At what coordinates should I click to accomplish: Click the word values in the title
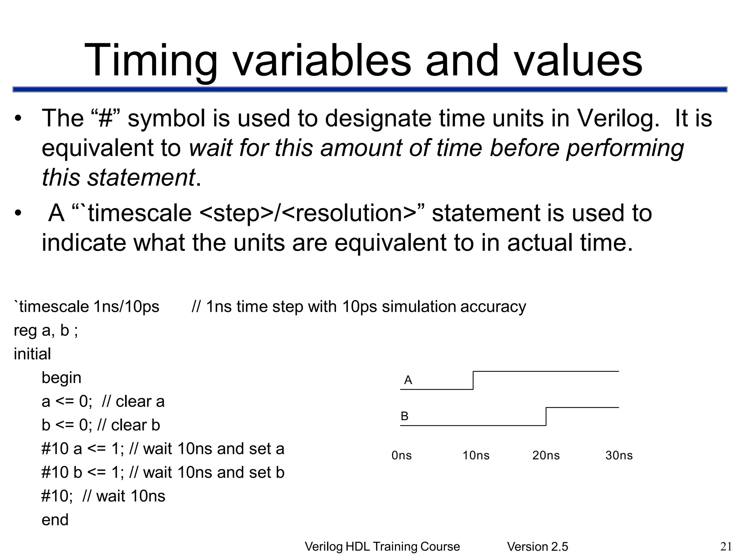click(578, 61)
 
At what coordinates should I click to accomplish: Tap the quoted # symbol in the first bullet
click(106, 118)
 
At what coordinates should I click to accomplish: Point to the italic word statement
click(141, 177)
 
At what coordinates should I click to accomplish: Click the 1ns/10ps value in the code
click(126, 307)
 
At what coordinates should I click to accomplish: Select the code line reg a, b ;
click(46, 330)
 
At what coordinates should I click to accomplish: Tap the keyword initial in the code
click(32, 354)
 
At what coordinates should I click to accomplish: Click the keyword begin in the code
click(61, 378)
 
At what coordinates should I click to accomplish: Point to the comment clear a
click(140, 401)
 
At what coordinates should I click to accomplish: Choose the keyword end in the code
click(55, 520)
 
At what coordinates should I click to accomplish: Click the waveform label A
click(408, 380)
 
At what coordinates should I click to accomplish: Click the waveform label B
click(404, 416)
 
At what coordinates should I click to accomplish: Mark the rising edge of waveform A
click(473, 380)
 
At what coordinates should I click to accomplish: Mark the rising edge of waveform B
click(546, 417)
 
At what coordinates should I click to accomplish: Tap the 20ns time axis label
click(546, 455)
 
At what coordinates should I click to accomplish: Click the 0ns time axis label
click(401, 455)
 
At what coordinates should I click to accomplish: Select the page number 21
click(726, 547)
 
